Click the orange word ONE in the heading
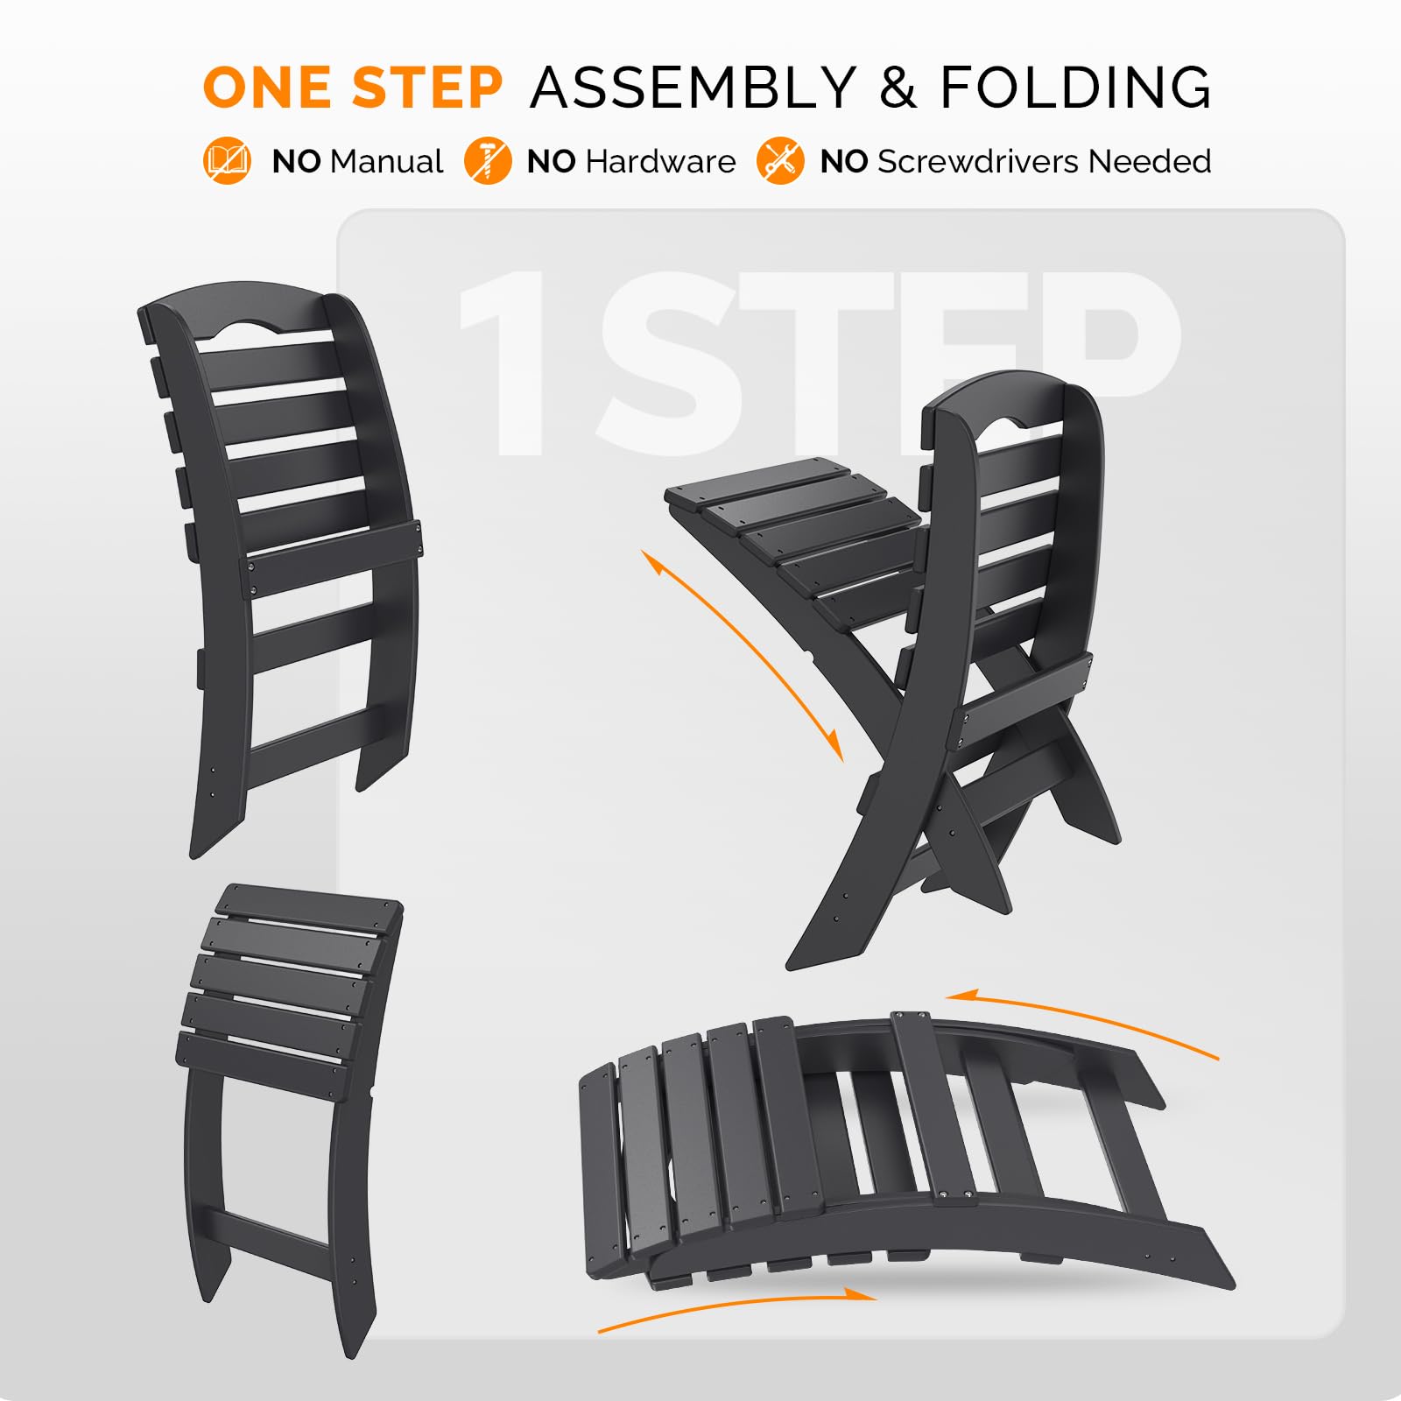pos(266,88)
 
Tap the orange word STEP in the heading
pos(427,88)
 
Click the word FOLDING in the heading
pos(1075,88)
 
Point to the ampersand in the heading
pos(898,88)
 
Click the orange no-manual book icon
pos(227,161)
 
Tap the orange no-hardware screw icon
pos(487,161)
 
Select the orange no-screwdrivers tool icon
pos(779,161)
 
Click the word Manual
pos(387,162)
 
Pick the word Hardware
pos(660,162)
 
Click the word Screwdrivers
pos(977,162)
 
